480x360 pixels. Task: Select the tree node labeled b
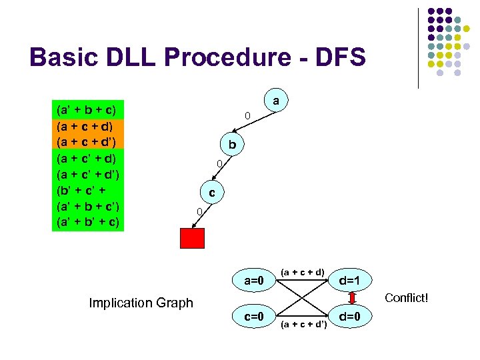point(231,145)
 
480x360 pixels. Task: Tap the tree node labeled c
point(211,193)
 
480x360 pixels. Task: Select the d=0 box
point(350,315)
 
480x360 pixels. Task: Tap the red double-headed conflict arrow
point(350,297)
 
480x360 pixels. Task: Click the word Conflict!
point(407,297)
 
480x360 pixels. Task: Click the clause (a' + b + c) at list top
point(87,109)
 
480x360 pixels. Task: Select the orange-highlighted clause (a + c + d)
point(87,125)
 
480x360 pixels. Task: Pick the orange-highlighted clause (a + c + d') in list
point(87,141)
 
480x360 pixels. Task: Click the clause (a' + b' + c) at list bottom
point(87,221)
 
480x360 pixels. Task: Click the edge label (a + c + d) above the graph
point(302,271)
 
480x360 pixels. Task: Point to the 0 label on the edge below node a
point(247,117)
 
